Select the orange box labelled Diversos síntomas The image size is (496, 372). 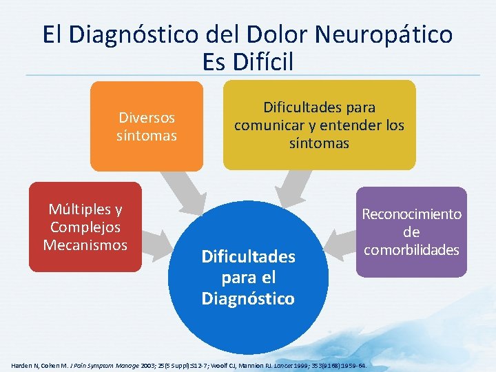[146, 125]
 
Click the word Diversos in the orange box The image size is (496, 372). [147, 117]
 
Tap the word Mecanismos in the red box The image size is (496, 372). [85, 245]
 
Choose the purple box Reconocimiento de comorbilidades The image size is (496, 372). [411, 231]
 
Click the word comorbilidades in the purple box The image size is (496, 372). [411, 249]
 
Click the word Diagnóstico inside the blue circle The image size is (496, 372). [248, 298]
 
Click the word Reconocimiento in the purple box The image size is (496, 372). [411, 214]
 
